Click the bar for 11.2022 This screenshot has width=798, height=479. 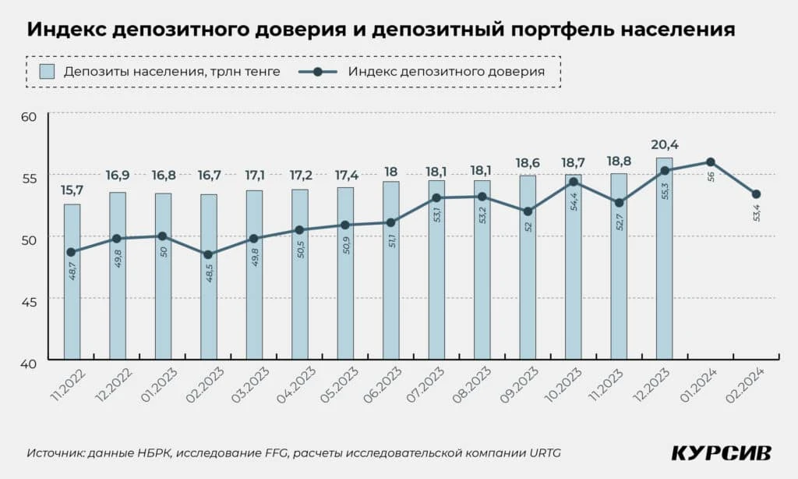coord(72,282)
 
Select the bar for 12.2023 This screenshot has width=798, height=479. coord(664,258)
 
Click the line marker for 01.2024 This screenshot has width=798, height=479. coord(710,162)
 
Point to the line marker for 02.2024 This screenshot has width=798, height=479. coord(756,194)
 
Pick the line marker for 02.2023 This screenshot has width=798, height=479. coord(209,254)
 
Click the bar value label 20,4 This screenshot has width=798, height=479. coord(664,144)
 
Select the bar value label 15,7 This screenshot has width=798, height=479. coord(72,190)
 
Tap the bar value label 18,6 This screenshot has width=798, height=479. coord(528,162)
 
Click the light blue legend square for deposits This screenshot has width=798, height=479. coord(47,72)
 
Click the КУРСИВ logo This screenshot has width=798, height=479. coord(721,453)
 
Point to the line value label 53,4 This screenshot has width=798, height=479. coord(757,212)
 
